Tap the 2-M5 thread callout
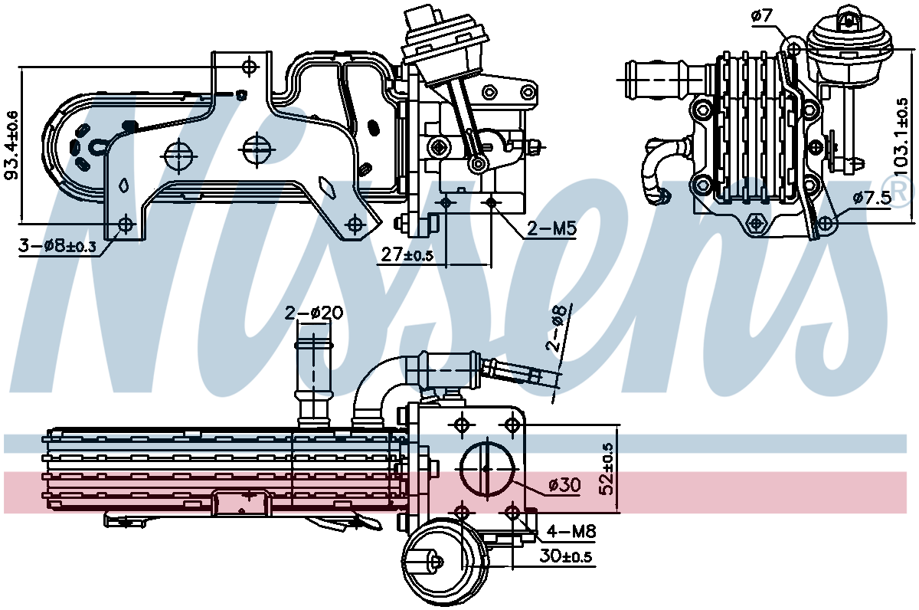551,228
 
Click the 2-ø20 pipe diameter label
314,313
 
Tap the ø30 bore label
564,484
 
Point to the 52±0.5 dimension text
609,468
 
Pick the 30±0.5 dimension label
565,557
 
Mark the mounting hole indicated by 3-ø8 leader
126,225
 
